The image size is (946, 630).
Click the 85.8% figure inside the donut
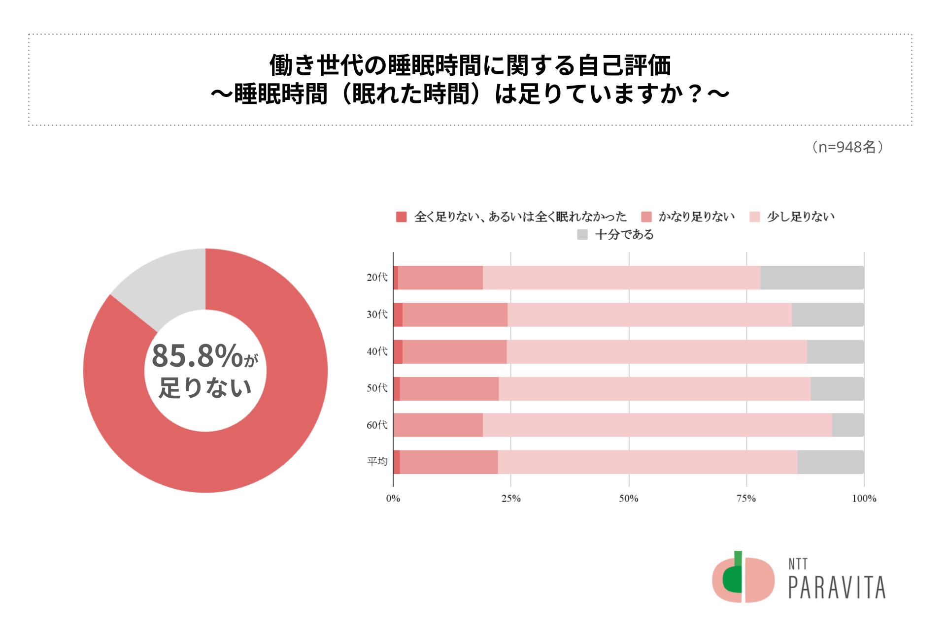coord(197,356)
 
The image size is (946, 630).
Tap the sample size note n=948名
coord(847,147)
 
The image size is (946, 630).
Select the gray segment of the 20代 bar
coord(811,278)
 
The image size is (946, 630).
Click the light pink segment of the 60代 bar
coord(657,425)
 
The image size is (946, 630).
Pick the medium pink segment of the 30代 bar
coord(455,315)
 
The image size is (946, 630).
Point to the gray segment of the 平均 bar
coord(830,462)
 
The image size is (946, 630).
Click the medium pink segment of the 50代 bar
coord(449,389)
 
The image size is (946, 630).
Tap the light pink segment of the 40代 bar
coord(656,352)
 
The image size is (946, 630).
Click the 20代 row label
coord(377,278)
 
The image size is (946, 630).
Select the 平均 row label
coord(377,462)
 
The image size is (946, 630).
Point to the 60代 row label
coord(377,425)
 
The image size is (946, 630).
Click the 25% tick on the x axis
coord(511,499)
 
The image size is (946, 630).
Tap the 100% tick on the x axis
coord(864,499)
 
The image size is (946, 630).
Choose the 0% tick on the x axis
coord(393,499)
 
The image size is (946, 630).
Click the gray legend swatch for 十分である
coord(582,235)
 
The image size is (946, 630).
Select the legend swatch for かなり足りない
coord(646,217)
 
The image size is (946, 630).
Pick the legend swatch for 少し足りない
coord(754,217)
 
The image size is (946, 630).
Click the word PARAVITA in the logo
coord(837,587)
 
